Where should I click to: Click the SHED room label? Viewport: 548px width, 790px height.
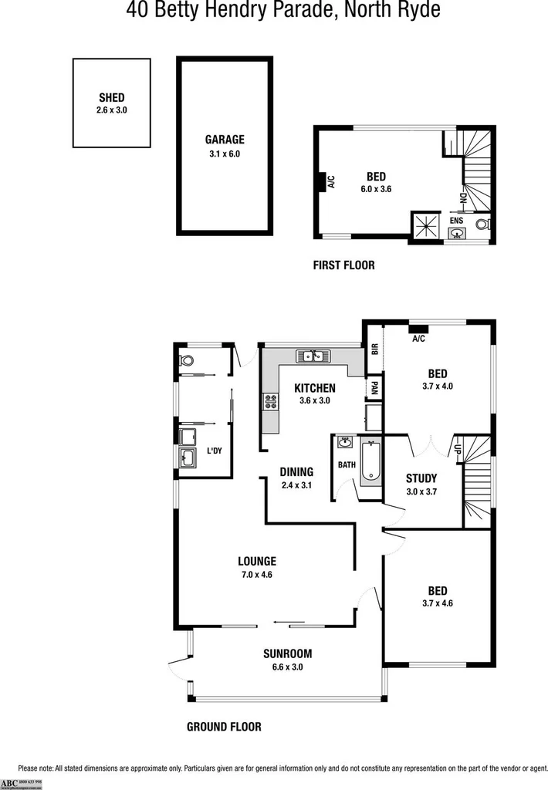(112, 98)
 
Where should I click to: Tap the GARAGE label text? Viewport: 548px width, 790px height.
(225, 140)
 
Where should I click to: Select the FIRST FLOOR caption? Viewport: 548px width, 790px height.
(343, 265)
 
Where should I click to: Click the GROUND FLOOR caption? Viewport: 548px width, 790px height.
(224, 727)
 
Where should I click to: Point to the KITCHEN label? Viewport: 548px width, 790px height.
(315, 388)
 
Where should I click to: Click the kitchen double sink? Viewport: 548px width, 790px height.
(313, 356)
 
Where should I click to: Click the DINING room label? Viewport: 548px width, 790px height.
(296, 472)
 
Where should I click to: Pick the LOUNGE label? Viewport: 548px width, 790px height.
(257, 562)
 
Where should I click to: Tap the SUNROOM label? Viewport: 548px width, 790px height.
(287, 653)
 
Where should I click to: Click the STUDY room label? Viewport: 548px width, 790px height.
(421, 478)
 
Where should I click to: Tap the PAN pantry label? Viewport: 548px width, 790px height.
(374, 387)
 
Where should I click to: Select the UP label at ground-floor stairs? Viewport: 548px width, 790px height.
(458, 448)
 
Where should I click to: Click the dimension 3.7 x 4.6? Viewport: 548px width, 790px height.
(438, 603)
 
